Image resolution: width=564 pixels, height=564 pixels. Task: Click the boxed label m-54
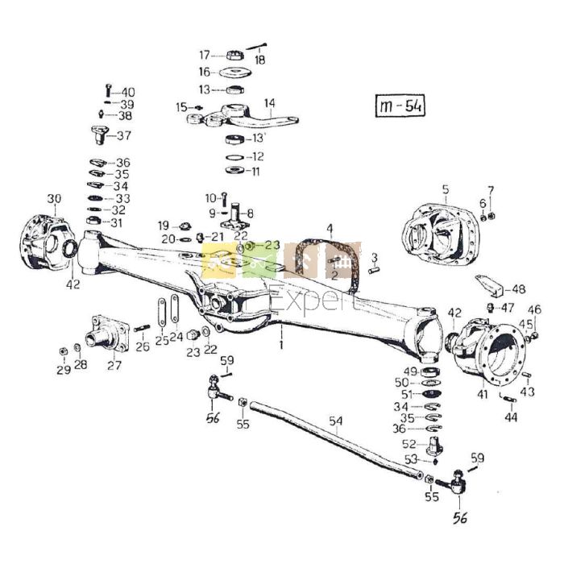pyautogui.click(x=400, y=106)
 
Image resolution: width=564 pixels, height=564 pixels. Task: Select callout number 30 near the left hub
pyautogui.click(x=54, y=199)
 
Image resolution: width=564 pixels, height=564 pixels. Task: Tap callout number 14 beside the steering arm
pyautogui.click(x=269, y=103)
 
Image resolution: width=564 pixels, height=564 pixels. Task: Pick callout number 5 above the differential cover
pyautogui.click(x=444, y=189)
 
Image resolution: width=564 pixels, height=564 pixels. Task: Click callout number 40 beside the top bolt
pyautogui.click(x=128, y=92)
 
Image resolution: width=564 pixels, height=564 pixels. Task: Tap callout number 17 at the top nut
pyautogui.click(x=205, y=55)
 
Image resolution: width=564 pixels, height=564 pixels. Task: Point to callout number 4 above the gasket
pyautogui.click(x=329, y=228)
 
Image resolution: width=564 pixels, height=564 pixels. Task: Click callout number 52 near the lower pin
pyautogui.click(x=408, y=444)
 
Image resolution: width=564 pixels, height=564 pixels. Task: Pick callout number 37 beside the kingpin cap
pyautogui.click(x=124, y=135)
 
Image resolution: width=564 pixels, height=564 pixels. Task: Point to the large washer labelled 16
pyautogui.click(x=236, y=73)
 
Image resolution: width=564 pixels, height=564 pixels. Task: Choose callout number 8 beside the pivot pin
pyautogui.click(x=251, y=214)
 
